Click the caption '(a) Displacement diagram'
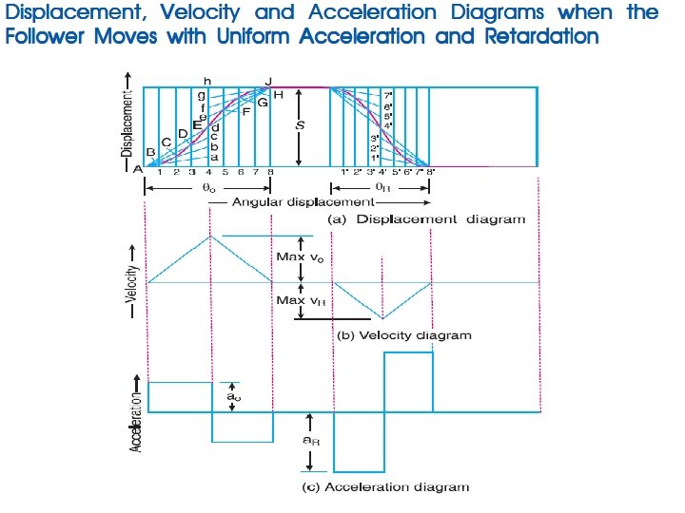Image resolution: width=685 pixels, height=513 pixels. [x=426, y=218]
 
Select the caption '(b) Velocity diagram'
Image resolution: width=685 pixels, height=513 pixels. [x=404, y=335]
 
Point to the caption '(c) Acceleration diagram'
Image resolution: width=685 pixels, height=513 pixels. [x=385, y=487]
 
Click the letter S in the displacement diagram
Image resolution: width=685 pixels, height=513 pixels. [x=299, y=123]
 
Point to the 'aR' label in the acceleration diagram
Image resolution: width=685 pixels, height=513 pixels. [x=309, y=440]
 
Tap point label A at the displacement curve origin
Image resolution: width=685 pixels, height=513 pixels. [x=138, y=168]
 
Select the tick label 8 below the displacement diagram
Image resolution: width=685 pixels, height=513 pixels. [x=271, y=173]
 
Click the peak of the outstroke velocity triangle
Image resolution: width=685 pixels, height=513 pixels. [x=209, y=236]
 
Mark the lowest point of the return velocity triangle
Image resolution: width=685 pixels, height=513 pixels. [x=383, y=318]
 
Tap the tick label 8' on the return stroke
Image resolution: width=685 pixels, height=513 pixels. [x=430, y=173]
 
